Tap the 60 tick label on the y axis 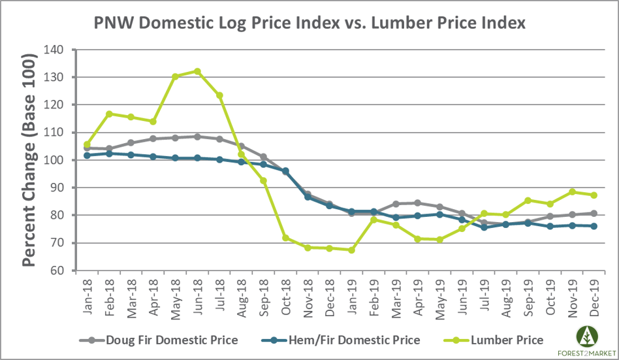pos(57,270)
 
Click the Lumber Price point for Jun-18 pos(197,71)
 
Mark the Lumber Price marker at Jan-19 pos(351,250)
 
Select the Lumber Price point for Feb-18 pos(109,114)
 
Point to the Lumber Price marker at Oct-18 pos(285,238)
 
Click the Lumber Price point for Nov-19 pos(572,191)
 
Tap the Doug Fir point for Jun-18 pos(197,137)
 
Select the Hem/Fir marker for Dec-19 pos(594,226)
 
